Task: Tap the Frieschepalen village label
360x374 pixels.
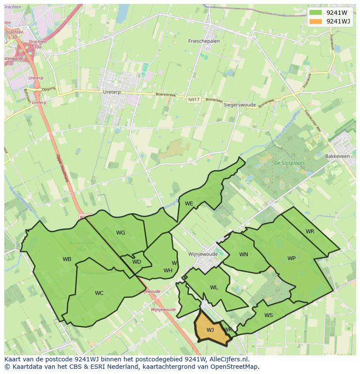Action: point(204,41)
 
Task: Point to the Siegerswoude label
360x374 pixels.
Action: point(240,105)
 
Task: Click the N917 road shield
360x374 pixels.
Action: point(193,99)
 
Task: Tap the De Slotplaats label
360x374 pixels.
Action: point(289,163)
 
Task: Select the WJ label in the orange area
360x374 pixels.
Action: point(210,330)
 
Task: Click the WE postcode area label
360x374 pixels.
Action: point(189,203)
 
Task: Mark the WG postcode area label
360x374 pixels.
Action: point(120,232)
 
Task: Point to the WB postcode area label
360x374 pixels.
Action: point(67,259)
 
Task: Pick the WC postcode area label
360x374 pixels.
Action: point(99,293)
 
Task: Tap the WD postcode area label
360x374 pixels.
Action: point(137,261)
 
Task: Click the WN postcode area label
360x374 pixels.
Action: point(243,254)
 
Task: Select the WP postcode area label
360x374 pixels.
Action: point(291,258)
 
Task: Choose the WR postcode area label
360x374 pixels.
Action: point(310,231)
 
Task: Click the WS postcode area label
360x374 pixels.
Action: point(269,315)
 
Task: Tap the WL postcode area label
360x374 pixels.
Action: point(214,287)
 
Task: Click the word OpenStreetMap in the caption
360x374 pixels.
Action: point(235,367)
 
